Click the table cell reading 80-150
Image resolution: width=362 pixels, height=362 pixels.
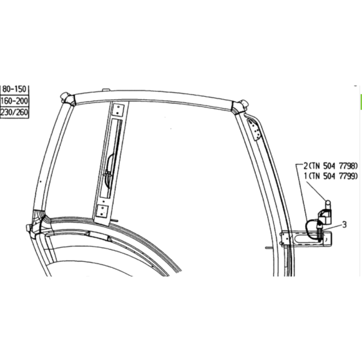(x=14, y=89)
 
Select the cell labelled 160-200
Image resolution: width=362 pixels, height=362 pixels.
(x=14, y=101)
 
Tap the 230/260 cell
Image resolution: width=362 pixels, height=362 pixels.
(x=14, y=113)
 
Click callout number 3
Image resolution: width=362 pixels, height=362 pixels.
(x=345, y=225)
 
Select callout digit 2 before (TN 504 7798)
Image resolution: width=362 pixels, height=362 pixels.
(x=306, y=166)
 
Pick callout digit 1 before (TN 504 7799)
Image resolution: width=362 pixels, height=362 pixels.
(x=306, y=176)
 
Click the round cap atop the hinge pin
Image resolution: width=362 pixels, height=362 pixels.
(x=328, y=204)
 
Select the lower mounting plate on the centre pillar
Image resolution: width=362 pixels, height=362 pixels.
(x=102, y=211)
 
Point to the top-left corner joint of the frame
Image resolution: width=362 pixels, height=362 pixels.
(x=67, y=98)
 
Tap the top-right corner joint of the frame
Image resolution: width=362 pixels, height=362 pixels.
(x=240, y=107)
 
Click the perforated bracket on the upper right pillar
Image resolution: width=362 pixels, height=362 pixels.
(x=254, y=129)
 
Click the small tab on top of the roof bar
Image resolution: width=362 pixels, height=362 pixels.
(x=105, y=90)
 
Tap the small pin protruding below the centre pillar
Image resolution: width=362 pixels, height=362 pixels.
(x=115, y=220)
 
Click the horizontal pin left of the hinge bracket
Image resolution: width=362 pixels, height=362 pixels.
(x=270, y=248)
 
